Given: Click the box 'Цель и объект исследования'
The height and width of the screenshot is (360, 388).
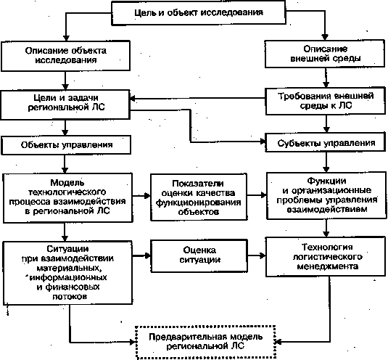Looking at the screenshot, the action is point(199,13).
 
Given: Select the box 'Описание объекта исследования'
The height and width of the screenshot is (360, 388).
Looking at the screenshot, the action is point(65,56).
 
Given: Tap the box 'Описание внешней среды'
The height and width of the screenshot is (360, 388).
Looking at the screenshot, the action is point(325,54).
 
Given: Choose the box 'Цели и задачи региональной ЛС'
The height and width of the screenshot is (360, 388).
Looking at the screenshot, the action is point(65,105).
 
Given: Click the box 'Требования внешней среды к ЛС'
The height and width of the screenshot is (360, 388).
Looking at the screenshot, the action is point(326,101).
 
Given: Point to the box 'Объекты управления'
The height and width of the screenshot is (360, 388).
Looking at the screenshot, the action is point(66,145).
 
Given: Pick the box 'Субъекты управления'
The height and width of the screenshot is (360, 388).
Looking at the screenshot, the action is point(326,142).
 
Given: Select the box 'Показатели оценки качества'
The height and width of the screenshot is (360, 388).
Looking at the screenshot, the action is point(199,197).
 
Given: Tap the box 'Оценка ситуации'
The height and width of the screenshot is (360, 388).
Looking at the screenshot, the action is point(199,255).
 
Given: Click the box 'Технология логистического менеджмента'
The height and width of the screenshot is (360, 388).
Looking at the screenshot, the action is point(326,257).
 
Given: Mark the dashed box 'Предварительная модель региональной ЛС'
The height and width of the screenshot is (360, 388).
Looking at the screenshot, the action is point(205,342).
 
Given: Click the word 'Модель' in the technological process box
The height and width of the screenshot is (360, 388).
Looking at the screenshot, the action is point(67,183).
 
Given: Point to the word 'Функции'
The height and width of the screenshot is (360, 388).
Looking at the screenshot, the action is point(326,181).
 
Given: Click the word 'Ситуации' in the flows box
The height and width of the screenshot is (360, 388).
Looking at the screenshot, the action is point(67,248).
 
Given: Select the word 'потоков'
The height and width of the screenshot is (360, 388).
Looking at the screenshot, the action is point(70,296).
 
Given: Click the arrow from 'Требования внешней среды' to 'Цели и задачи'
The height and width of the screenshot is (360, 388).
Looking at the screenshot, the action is point(197,98).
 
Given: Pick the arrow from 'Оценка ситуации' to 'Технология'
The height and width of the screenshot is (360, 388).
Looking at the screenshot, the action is point(257,255).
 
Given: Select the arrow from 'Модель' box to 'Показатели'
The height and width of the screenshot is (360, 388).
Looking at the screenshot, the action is point(141,195).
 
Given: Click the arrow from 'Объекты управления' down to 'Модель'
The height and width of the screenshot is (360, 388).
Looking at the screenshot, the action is point(65,163).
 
